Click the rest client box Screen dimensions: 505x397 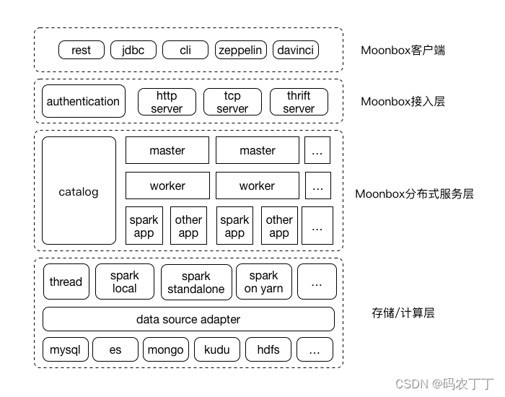[82, 50]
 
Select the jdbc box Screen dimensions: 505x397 [133, 50]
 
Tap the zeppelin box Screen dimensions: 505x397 [240, 50]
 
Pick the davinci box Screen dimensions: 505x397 [296, 50]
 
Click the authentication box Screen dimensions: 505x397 [84, 101]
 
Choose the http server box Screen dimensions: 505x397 [167, 102]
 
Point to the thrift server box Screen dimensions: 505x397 [299, 102]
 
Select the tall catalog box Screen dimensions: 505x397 [79, 191]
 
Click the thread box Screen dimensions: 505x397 [66, 282]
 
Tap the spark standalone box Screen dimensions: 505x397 [196, 282]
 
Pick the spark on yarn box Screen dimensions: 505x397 [264, 282]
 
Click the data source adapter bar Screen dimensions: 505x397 [188, 319]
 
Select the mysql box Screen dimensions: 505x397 [66, 349]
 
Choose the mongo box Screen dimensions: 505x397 [166, 349]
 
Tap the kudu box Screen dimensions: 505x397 [217, 349]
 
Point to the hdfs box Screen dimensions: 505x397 [268, 349]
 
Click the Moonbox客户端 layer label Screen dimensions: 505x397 [403, 51]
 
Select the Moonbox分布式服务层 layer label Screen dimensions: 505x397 [414, 193]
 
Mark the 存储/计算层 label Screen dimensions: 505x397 [403, 313]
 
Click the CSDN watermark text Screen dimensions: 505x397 [444, 384]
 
